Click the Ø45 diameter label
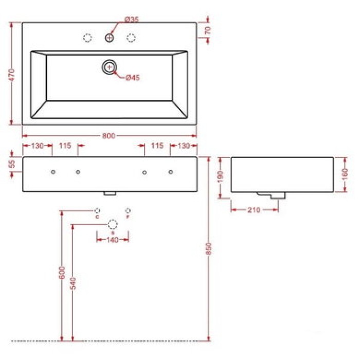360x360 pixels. coord(133,78)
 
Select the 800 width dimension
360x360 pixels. coord(108,136)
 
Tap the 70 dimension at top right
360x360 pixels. coord(207,30)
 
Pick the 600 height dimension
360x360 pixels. coord(62,272)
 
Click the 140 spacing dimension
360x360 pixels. coord(113,240)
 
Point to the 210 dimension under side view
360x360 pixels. coord(254,209)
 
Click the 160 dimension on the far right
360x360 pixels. coord(345,173)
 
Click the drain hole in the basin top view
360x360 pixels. coord(110,66)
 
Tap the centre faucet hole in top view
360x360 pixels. coord(110,38)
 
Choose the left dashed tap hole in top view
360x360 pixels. coord(87,38)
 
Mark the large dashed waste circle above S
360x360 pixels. coord(113,224)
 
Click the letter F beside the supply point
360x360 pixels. coord(128,217)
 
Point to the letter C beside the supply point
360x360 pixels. coord(97,217)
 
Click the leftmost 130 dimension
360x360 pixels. coord(38,146)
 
